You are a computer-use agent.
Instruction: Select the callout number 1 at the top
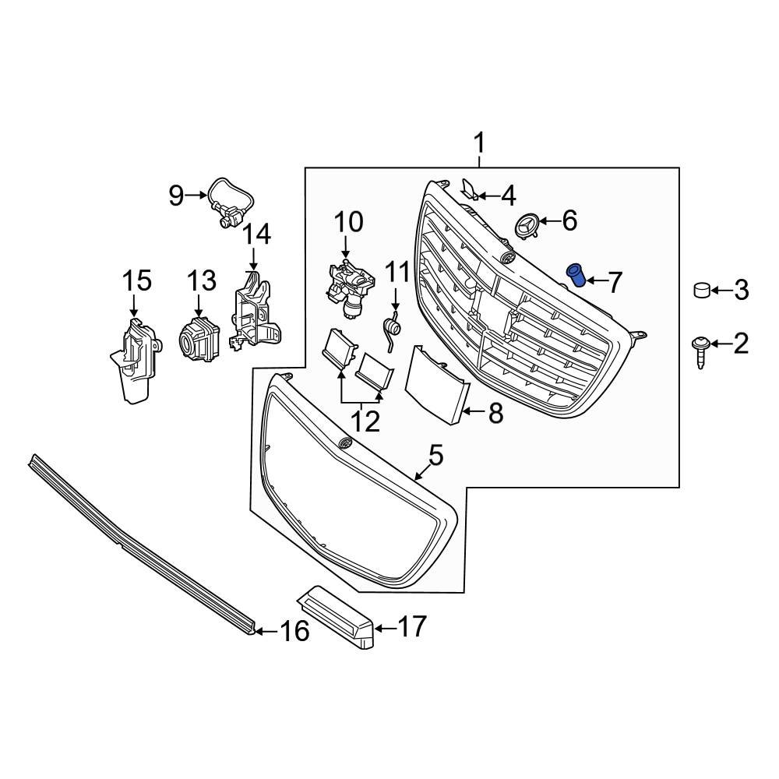479,143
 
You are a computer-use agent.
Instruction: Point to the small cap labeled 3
702,291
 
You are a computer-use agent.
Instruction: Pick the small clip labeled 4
471,188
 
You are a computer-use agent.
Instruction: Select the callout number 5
435,455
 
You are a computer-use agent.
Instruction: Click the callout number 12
365,421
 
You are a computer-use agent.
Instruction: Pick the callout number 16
294,630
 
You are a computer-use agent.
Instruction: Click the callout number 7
615,282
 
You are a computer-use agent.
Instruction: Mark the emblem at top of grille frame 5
344,443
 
